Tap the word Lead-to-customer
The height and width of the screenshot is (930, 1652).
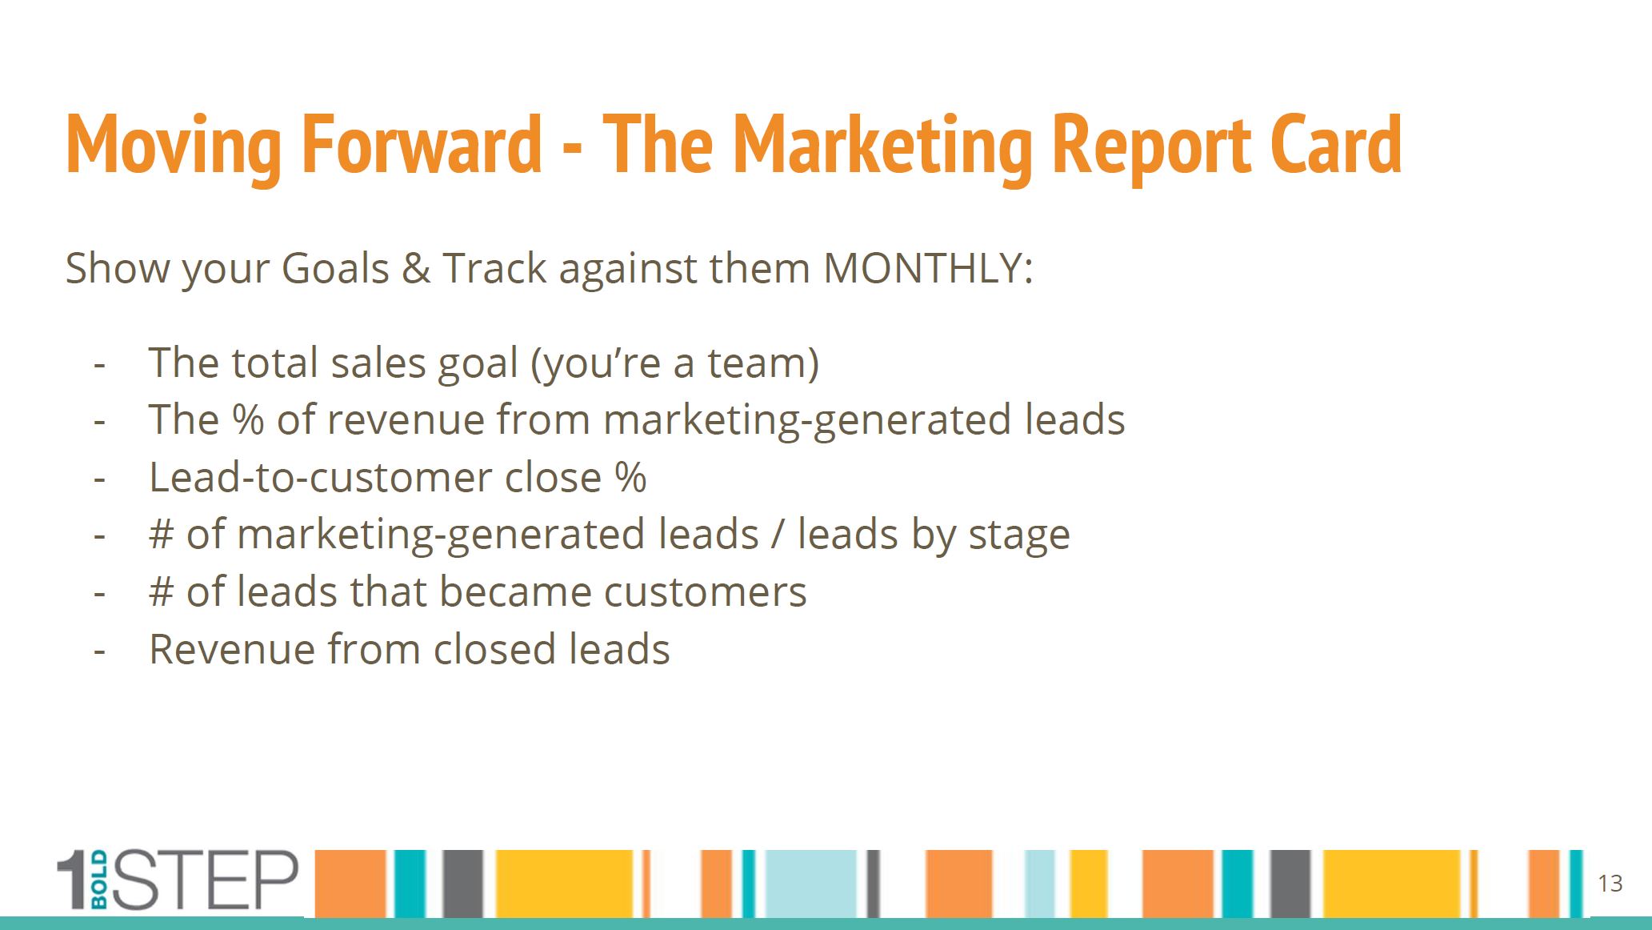[x=320, y=477]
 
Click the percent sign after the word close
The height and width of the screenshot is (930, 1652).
[x=630, y=477]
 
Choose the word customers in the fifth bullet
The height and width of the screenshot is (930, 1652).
[x=705, y=592]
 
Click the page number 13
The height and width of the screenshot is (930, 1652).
[x=1610, y=884]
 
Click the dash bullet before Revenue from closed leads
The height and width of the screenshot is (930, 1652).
[x=100, y=651]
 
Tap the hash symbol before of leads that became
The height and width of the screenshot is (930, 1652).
[x=161, y=592]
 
